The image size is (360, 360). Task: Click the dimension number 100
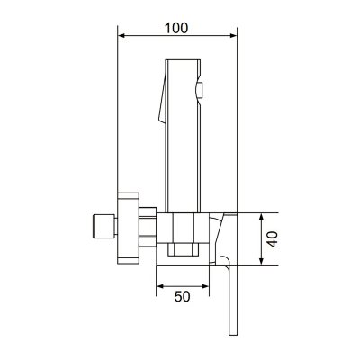click(x=176, y=28)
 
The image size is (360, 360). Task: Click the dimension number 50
click(x=183, y=297)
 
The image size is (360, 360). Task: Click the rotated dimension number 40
click(x=273, y=239)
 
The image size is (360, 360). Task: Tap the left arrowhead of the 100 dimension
click(x=121, y=36)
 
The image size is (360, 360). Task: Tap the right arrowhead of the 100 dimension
click(x=233, y=36)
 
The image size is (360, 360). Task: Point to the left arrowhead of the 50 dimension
click(x=160, y=286)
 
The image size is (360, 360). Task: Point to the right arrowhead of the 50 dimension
click(x=205, y=286)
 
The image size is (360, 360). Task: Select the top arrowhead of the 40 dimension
click(x=262, y=217)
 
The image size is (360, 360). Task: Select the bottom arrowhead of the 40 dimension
click(x=262, y=261)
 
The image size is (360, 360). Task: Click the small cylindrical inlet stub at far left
click(x=104, y=227)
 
